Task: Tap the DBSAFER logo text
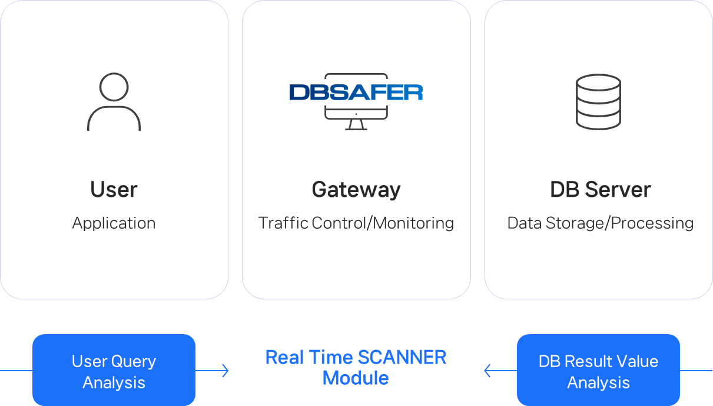(x=356, y=93)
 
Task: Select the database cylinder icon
(x=598, y=102)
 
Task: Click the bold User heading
(x=114, y=190)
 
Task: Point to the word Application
(x=114, y=223)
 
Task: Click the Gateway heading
(x=356, y=190)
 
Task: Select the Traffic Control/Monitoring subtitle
(x=356, y=223)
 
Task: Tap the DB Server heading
(x=600, y=190)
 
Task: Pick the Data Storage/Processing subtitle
(x=600, y=223)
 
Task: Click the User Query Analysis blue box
(x=114, y=371)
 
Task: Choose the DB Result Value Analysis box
(x=598, y=371)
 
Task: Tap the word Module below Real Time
(x=356, y=378)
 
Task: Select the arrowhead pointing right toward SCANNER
(x=225, y=371)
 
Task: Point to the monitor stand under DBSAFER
(x=356, y=125)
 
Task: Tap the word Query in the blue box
(x=134, y=361)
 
